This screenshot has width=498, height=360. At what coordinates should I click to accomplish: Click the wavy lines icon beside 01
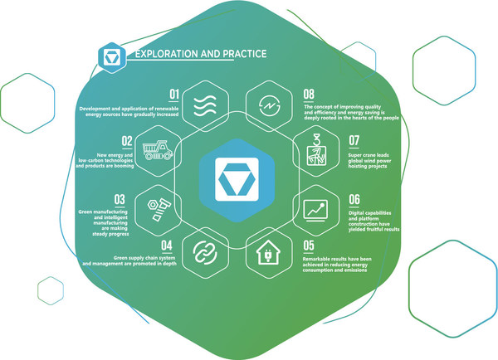click(x=205, y=106)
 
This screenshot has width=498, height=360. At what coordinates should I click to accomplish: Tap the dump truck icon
click(x=158, y=150)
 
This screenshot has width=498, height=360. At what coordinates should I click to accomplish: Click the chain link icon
click(x=205, y=253)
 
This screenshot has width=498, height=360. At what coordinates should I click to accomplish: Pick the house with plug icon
click(x=268, y=252)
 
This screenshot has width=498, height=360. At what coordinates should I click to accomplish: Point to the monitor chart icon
click(x=315, y=211)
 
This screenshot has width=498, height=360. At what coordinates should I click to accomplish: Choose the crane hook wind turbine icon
click(x=316, y=149)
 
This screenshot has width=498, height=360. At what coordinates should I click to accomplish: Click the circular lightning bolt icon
click(x=269, y=105)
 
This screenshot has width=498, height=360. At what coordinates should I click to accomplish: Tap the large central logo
click(x=237, y=180)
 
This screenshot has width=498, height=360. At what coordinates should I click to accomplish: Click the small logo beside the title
click(x=112, y=58)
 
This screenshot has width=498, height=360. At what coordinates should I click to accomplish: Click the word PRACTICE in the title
click(x=245, y=54)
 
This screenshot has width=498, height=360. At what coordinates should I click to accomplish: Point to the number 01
click(x=174, y=95)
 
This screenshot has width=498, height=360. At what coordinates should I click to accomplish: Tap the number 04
click(x=167, y=246)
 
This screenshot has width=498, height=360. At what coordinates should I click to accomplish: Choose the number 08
click(x=309, y=95)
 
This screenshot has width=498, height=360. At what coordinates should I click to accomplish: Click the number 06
click(x=354, y=199)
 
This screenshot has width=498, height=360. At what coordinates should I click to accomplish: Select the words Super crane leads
click(x=369, y=155)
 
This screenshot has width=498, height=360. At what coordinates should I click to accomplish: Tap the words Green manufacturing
click(x=103, y=212)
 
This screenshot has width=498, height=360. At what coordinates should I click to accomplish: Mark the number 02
click(x=127, y=141)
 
